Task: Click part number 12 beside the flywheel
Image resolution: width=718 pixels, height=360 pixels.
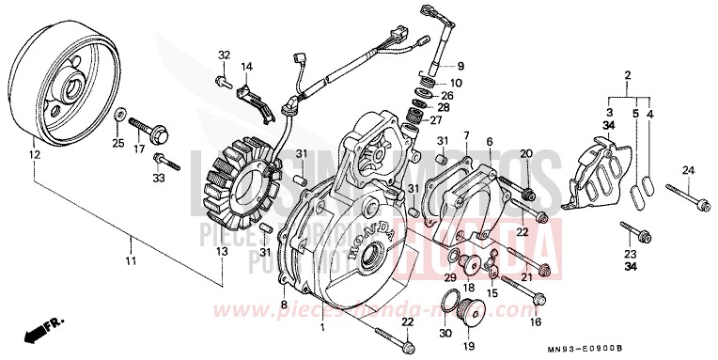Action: click(34, 154)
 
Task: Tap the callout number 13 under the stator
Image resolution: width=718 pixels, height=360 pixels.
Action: click(222, 251)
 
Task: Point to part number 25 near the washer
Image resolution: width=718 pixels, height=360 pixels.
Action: click(117, 143)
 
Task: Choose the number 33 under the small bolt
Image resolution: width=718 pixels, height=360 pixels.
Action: click(159, 177)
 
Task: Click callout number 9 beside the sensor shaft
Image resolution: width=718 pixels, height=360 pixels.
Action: click(460, 66)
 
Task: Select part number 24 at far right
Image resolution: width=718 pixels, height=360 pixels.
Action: click(687, 170)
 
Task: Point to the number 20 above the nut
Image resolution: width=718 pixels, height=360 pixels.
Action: click(526, 154)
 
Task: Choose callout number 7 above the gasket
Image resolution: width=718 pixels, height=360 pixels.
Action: click(464, 137)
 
